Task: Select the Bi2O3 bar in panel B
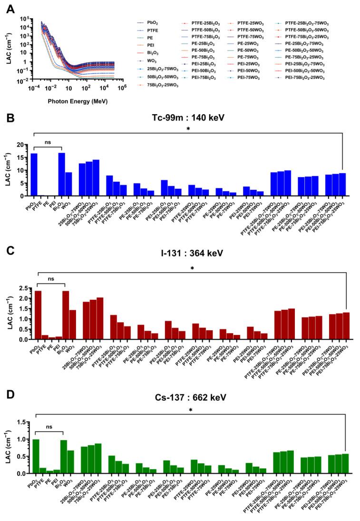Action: pyautogui.click(x=61, y=174)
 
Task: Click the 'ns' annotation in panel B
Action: pyautogui.click(x=48, y=142)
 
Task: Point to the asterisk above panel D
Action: pyautogui.click(x=190, y=410)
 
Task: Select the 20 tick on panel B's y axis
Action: pyautogui.click(x=20, y=144)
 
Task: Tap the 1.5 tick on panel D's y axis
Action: pyautogui.click(x=20, y=422)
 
